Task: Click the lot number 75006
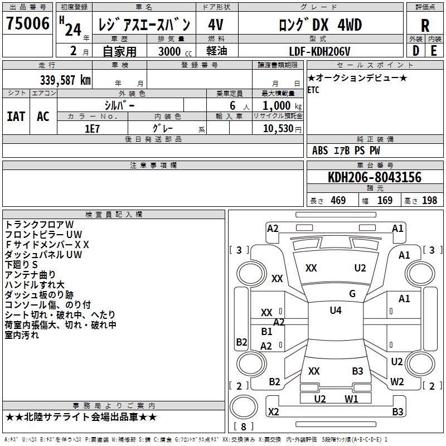coord(27,23)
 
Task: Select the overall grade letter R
coord(425,26)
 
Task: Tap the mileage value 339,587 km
coord(65,80)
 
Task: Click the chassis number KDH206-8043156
coord(375,177)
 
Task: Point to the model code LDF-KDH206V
coord(319,51)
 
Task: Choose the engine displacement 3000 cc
coord(175,51)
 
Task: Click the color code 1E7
coord(92,129)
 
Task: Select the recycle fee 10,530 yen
coord(282,129)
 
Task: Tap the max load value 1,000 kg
coord(282,106)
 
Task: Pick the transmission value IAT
coord(16,117)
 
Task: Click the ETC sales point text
coord(313,90)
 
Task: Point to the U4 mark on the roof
coord(336,311)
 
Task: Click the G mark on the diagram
coord(352,294)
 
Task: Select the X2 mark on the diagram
coord(273,411)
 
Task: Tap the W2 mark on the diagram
coord(397,381)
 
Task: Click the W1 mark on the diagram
coord(351,399)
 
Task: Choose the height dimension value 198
coord(429,201)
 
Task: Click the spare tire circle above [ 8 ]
coord(244,407)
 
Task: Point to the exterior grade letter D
coord(415,51)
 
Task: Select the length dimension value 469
coord(338,201)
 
